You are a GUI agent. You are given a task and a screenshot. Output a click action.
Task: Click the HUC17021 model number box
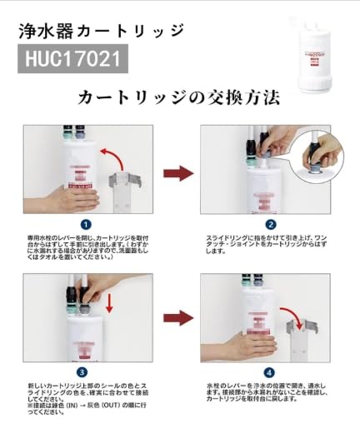pyautogui.click(x=73, y=60)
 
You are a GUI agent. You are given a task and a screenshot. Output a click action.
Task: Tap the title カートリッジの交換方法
pyautogui.click(x=178, y=97)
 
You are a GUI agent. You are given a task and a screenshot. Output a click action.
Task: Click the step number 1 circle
pyautogui.click(x=86, y=223)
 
